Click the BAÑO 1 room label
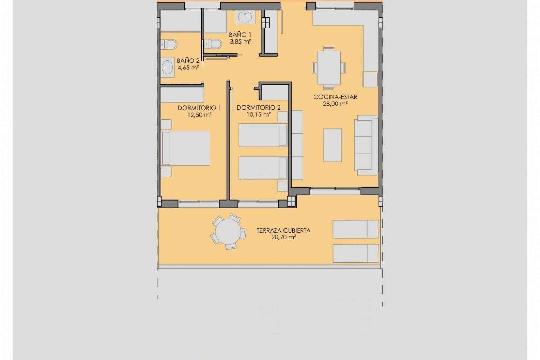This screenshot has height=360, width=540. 240,35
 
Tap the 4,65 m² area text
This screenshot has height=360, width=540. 188,67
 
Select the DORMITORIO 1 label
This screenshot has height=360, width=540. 199,108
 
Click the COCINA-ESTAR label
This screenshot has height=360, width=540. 335,97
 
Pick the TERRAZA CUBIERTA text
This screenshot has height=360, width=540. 283,231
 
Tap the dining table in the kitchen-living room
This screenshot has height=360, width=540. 329,68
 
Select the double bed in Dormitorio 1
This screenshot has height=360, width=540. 186,148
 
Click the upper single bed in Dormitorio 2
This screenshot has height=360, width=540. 263,135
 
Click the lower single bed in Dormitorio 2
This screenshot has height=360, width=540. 263,168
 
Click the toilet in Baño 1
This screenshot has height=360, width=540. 214,44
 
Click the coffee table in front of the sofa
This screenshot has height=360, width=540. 332,145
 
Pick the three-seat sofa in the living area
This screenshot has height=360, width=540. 366,145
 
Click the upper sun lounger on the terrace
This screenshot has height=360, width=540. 355,229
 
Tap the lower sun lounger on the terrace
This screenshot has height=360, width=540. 355,253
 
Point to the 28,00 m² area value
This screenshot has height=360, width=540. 335,103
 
